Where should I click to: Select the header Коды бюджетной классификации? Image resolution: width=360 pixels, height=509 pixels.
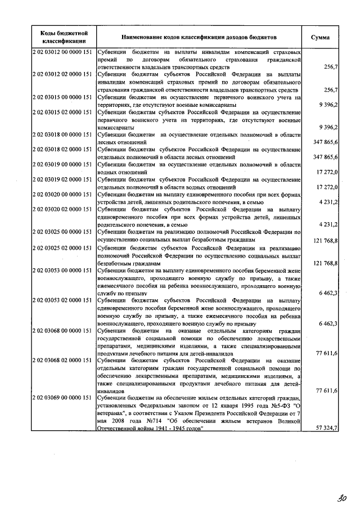[63, 37]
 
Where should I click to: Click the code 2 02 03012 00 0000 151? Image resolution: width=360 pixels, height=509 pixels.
[63, 52]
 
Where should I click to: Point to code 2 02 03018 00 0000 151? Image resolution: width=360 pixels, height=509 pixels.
[63, 134]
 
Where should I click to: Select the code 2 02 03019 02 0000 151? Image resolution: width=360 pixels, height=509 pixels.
[63, 179]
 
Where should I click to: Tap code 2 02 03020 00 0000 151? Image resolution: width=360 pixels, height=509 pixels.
[63, 194]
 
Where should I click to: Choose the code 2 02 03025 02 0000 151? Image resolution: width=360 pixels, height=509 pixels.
[63, 247]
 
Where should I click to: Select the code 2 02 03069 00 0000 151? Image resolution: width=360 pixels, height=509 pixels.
[63, 398]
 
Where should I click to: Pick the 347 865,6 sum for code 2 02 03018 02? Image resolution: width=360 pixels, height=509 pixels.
[325, 157]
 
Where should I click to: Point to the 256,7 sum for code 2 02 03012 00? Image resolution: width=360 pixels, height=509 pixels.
[331, 67]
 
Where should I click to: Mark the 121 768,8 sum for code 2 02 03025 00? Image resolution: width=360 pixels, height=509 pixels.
[325, 240]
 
